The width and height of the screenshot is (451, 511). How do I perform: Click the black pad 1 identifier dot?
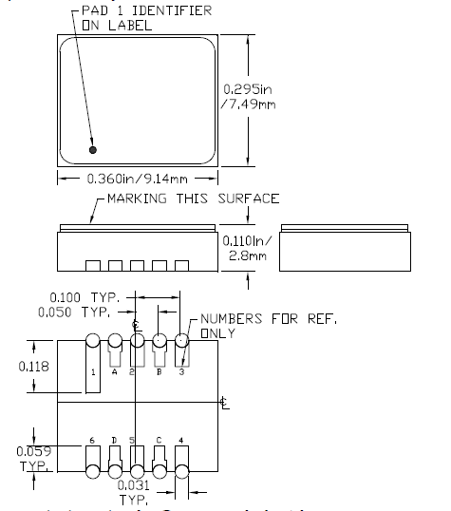(92, 150)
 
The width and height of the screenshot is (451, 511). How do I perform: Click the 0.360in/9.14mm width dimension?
(137, 178)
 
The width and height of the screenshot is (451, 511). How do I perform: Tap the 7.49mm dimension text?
(244, 104)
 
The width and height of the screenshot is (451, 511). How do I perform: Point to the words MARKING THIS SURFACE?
(193, 199)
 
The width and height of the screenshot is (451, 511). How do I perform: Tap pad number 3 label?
(181, 371)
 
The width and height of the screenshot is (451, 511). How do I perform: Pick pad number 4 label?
(181, 441)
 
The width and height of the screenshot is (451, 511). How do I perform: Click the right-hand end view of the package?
(346, 247)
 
